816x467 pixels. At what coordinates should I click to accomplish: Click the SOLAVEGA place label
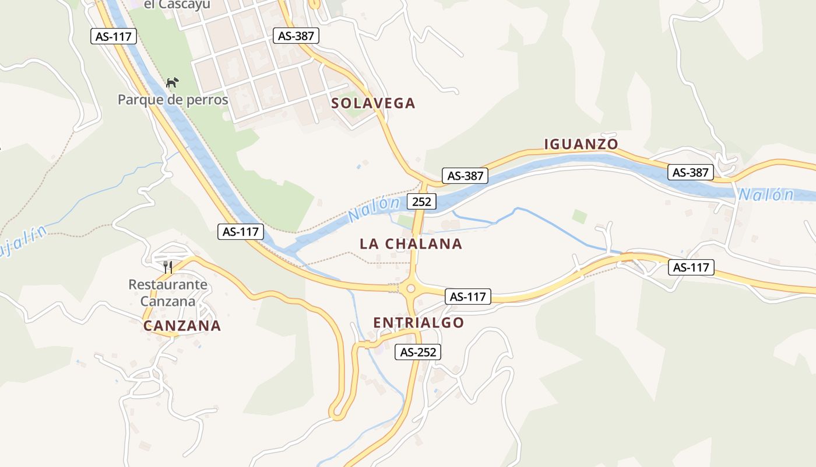[373, 103]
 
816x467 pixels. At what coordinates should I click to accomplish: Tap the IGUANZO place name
[581, 144]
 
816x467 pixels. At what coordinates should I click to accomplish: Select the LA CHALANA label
[411, 243]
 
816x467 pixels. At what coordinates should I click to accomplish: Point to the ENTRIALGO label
[418, 322]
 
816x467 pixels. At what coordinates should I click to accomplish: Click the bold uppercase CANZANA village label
[182, 326]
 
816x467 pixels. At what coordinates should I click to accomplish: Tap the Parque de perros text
[173, 100]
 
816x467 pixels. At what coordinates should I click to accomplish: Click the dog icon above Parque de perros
[173, 83]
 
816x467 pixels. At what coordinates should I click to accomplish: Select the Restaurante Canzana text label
[168, 293]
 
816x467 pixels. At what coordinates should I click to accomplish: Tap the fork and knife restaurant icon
[168, 267]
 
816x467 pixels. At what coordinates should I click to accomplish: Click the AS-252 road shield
[418, 352]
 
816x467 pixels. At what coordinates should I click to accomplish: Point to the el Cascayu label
[176, 4]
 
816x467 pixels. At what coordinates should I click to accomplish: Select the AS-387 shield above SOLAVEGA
[296, 36]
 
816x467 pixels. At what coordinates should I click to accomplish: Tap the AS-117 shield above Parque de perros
[114, 36]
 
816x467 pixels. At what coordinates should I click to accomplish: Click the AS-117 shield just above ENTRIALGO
[467, 297]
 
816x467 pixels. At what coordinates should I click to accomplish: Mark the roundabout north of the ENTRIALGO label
[410, 288]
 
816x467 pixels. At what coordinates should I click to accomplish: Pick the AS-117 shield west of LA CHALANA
[241, 231]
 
